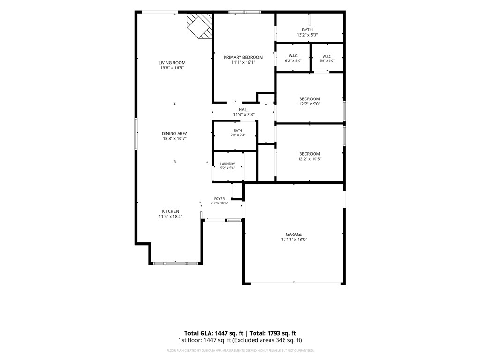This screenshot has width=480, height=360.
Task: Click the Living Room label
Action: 172,63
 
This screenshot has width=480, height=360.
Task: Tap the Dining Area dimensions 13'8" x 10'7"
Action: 174,138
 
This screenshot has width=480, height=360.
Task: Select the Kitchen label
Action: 171,211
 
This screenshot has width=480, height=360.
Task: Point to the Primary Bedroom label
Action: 243,57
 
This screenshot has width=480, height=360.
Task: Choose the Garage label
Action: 294,234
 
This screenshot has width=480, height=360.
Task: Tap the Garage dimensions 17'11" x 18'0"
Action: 294,240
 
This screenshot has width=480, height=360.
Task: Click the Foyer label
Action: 219,199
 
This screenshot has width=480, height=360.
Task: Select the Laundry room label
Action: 227,164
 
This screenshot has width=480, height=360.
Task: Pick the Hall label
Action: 244,110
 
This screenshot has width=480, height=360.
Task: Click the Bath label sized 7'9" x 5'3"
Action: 238,131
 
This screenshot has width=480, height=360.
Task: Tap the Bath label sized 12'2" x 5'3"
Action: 307,30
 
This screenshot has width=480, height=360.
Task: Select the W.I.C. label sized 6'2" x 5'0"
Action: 293,56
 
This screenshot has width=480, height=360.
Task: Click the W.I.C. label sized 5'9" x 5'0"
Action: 327,56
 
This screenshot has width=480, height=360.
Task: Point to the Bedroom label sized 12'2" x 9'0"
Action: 309,99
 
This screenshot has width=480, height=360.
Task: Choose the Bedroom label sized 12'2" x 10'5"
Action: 309,154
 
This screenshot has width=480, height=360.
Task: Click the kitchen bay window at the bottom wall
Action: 175,263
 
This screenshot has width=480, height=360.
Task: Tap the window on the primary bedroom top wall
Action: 245,12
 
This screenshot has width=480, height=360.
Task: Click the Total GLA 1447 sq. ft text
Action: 214,333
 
